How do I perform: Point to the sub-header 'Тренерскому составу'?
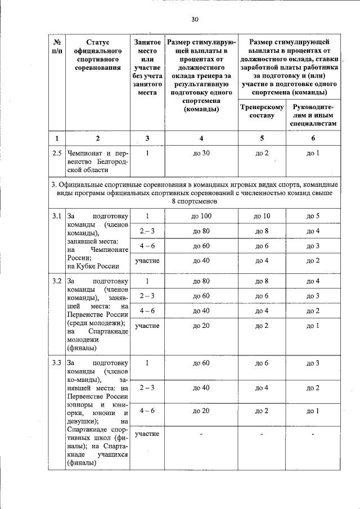tap(262, 111)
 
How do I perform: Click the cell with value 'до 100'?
tap(201, 217)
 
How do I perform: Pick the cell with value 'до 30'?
tap(201, 153)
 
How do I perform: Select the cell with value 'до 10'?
tap(262, 217)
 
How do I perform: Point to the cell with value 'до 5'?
tap(313, 217)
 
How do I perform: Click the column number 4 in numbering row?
tap(201, 138)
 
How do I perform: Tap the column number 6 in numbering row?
tap(313, 138)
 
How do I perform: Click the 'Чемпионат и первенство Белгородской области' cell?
tap(98, 161)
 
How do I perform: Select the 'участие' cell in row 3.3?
tap(147, 434)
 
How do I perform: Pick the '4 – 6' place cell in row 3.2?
tap(147, 310)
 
